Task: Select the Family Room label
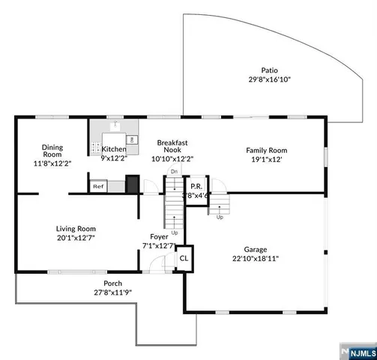pyautogui.click(x=267, y=150)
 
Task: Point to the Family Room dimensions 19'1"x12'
pyautogui.click(x=267, y=160)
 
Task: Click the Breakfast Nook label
pyautogui.click(x=172, y=145)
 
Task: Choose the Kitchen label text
pyautogui.click(x=115, y=149)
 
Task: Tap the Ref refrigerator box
pyautogui.click(x=97, y=185)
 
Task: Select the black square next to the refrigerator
pyautogui.click(x=132, y=184)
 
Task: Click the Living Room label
pyautogui.click(x=76, y=228)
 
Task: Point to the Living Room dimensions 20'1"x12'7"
pyautogui.click(x=76, y=237)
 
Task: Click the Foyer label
pyautogui.click(x=159, y=236)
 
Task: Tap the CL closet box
pyautogui.click(x=184, y=257)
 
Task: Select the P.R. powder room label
pyautogui.click(x=196, y=186)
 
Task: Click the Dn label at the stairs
pyautogui.click(x=173, y=172)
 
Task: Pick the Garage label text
pyautogui.click(x=256, y=249)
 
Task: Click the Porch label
pyautogui.click(x=107, y=283)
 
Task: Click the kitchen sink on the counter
pyautogui.click(x=115, y=126)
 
